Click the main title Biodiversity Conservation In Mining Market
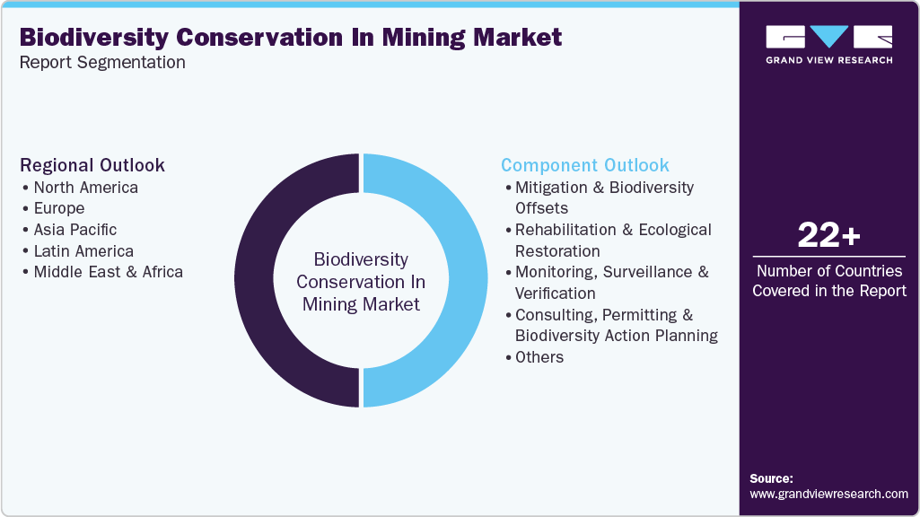point(291,37)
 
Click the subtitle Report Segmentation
point(102,63)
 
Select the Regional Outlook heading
point(92,165)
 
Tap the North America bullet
point(85,188)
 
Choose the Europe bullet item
point(59,208)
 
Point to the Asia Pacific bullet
point(74,230)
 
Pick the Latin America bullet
point(83,251)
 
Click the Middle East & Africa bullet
point(108,272)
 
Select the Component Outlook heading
point(585,165)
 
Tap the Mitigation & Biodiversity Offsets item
point(603,197)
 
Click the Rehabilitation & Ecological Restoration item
point(612,240)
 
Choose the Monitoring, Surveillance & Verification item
point(610,282)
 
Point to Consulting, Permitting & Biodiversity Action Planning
point(615,325)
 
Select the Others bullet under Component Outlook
point(539,357)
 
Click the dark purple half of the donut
point(260,280)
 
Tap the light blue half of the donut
point(461,280)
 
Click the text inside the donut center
point(361,282)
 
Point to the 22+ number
point(828,236)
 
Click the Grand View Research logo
point(828,44)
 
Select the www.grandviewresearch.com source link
point(828,494)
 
